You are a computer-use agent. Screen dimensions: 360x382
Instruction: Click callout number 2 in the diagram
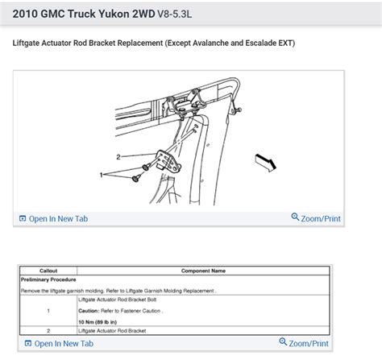pyautogui.click(x=118, y=157)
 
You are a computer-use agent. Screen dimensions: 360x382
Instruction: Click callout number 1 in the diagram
pyautogui.click(x=102, y=174)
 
